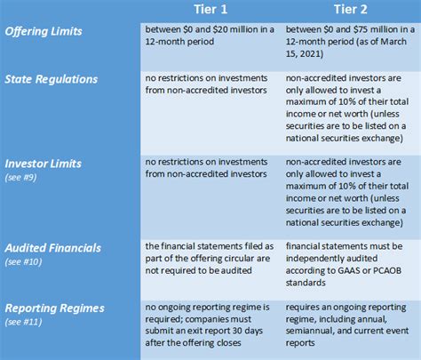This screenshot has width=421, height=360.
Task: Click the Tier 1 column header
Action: [x=210, y=10]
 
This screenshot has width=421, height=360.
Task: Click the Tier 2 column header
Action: [x=351, y=10]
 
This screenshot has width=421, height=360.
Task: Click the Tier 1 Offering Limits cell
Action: [x=210, y=36]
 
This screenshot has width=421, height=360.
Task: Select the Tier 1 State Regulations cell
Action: [x=210, y=84]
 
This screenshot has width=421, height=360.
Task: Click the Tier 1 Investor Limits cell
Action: [x=210, y=169]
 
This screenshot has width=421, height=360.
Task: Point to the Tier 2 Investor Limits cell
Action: [x=350, y=188]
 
